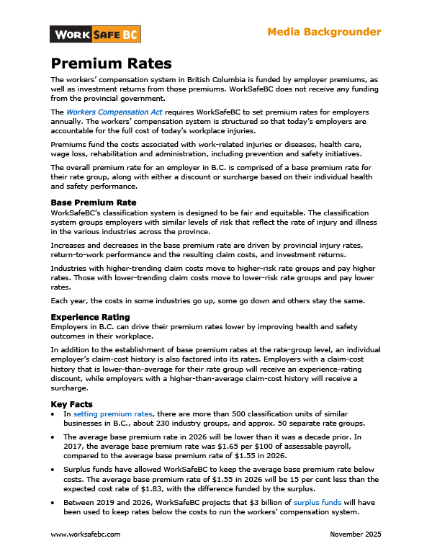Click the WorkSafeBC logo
point(95,34)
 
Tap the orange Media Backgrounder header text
point(324,32)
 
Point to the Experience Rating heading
point(90,316)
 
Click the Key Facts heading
point(71,405)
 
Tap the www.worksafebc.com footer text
point(85,535)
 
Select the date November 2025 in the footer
point(355,535)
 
